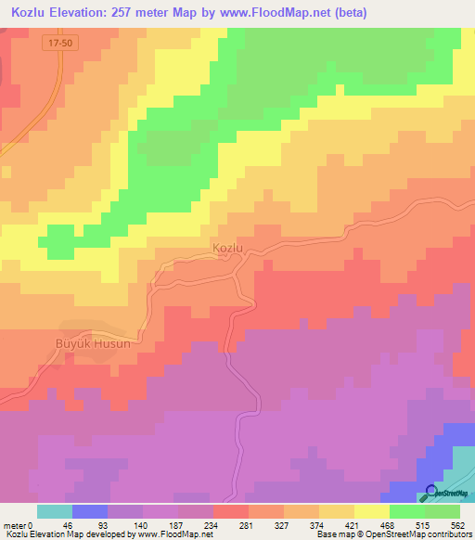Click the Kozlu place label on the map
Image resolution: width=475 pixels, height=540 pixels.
pyautogui.click(x=227, y=248)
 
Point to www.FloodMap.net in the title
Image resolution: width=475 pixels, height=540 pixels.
pyautogui.click(x=276, y=13)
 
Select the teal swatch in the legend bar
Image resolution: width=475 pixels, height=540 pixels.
pyautogui.click(x=55, y=511)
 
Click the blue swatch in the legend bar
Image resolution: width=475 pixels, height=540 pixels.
pyautogui.click(x=90, y=511)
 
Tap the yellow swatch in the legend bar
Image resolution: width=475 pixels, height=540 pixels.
pyautogui.click(x=371, y=511)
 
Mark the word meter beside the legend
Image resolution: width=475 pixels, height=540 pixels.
pyautogui.click(x=15, y=524)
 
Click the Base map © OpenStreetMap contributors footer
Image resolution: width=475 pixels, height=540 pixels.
pyautogui.click(x=391, y=534)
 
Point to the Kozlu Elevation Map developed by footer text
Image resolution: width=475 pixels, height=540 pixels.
pyautogui.click(x=70, y=534)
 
